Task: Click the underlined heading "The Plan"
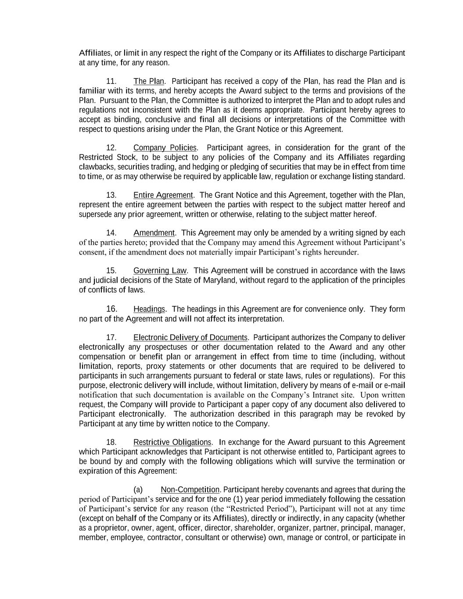(149, 81)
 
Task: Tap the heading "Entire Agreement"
(163, 195)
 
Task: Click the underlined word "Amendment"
(154, 233)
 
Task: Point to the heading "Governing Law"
(160, 270)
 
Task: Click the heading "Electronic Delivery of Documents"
(190, 337)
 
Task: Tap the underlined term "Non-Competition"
(190, 489)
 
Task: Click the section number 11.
(111, 81)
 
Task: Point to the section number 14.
(111, 233)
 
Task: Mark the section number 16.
(111, 309)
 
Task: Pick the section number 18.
(111, 442)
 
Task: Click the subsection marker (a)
(138, 489)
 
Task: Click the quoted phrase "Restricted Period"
(261, 509)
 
